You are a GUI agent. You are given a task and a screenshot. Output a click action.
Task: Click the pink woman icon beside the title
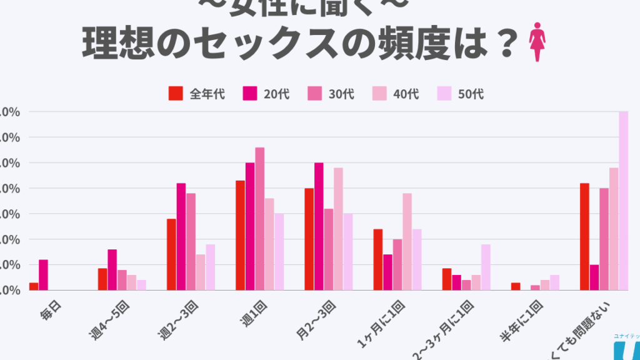537,42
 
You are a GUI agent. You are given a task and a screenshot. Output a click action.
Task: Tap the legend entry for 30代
332,94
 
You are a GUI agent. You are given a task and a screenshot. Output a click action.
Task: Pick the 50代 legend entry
462,94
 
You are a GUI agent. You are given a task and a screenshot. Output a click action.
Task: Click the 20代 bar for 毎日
43,275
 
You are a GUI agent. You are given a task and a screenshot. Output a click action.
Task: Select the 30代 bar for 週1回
260,219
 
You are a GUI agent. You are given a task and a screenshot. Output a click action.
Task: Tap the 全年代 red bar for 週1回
240,235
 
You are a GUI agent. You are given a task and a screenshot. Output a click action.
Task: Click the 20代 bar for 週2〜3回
181,236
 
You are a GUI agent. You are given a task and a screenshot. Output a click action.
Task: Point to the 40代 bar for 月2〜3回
338,229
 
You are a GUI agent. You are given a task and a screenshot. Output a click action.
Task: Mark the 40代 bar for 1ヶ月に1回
407,241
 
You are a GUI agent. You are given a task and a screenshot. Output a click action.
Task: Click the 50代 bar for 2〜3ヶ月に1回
486,267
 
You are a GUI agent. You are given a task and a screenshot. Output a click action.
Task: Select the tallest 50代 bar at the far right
623,201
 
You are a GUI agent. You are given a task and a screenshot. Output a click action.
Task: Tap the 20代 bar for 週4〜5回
112,270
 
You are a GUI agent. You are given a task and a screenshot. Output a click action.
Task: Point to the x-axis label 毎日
49,311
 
